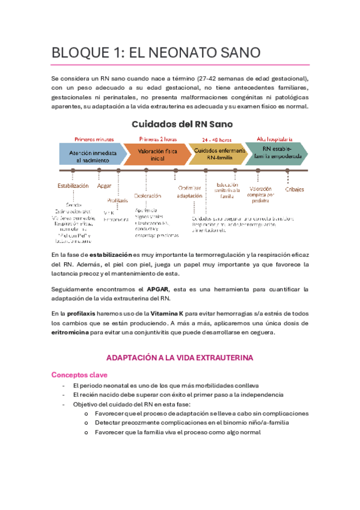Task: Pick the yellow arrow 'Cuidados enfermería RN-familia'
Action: (218, 154)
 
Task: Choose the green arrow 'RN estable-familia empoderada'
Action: (276, 153)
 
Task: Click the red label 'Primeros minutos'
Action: (95, 138)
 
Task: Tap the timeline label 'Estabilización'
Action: (73, 185)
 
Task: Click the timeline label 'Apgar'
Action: (104, 185)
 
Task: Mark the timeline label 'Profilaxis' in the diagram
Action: (118, 200)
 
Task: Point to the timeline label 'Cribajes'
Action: (294, 189)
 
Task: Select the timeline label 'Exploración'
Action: (148, 195)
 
